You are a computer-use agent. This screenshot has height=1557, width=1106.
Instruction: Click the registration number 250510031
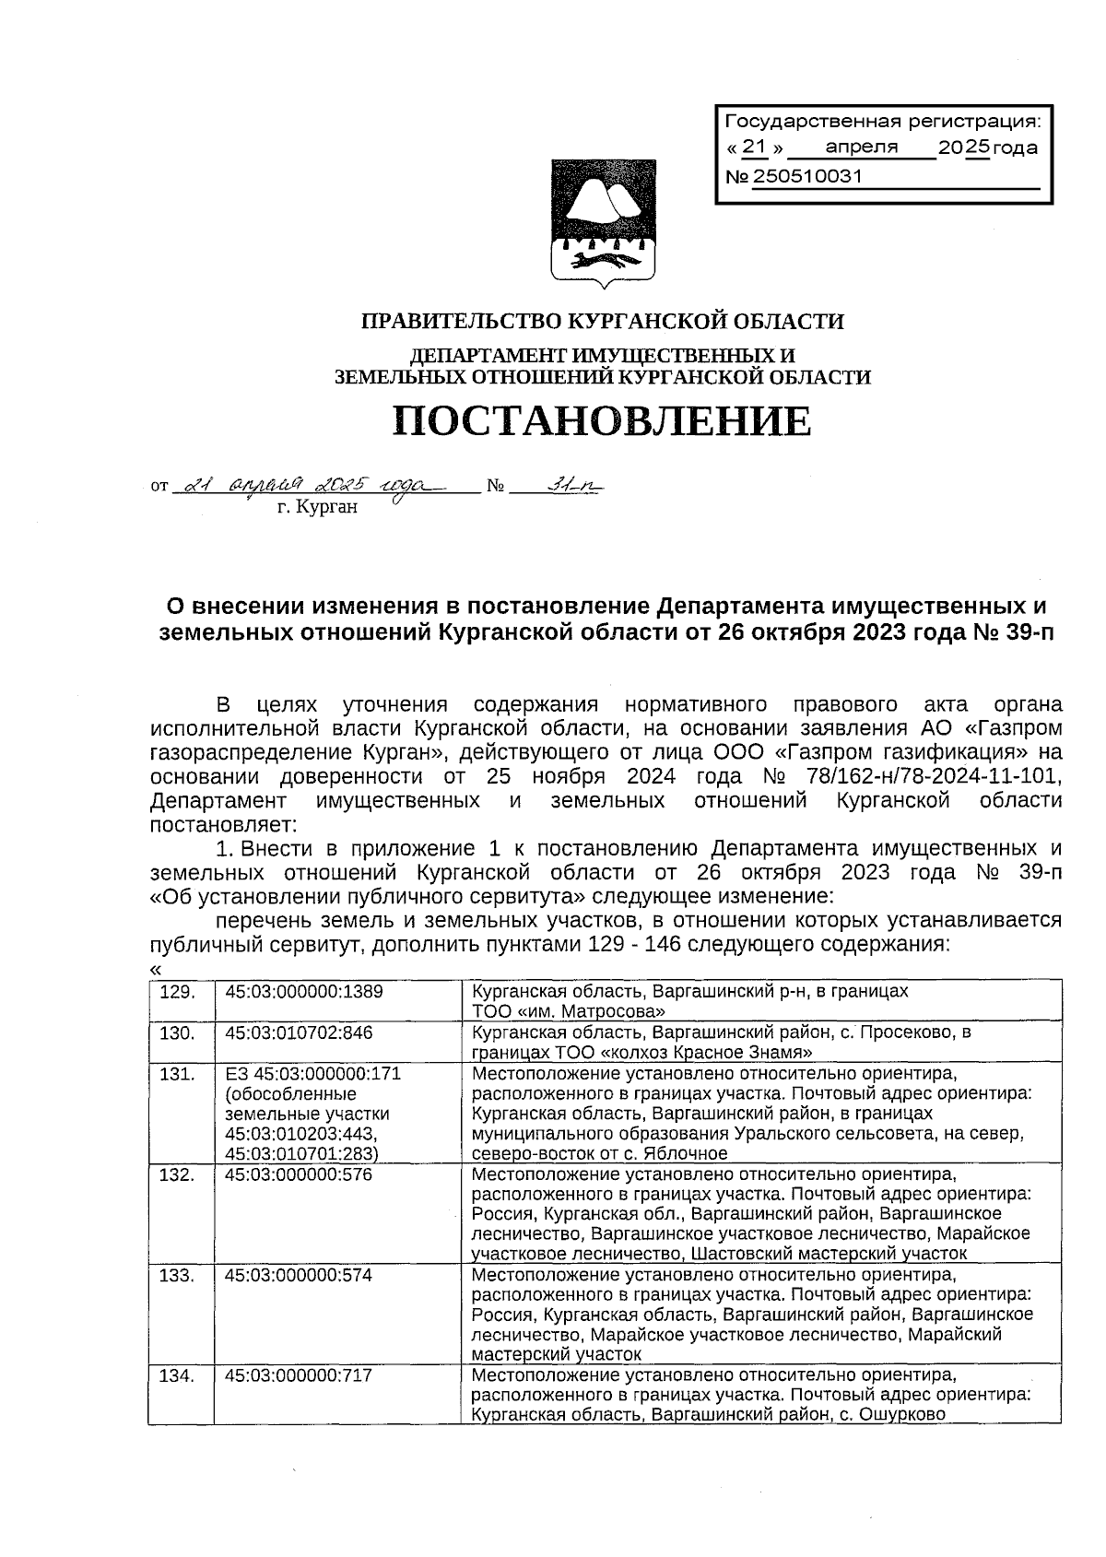(807, 176)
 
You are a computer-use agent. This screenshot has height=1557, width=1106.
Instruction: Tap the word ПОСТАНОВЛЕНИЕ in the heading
(603, 421)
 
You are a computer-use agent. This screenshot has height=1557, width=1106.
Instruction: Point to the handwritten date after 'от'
(313, 485)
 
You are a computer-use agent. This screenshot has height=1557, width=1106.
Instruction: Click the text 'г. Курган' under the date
(317, 506)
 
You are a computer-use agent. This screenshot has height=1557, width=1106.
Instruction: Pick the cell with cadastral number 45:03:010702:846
(299, 1032)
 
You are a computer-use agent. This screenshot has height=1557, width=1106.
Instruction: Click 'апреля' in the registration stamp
(861, 147)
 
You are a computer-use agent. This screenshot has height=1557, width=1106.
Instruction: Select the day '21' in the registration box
(754, 147)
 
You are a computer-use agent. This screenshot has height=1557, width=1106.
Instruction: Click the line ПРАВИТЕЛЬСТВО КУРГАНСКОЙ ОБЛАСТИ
(603, 322)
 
